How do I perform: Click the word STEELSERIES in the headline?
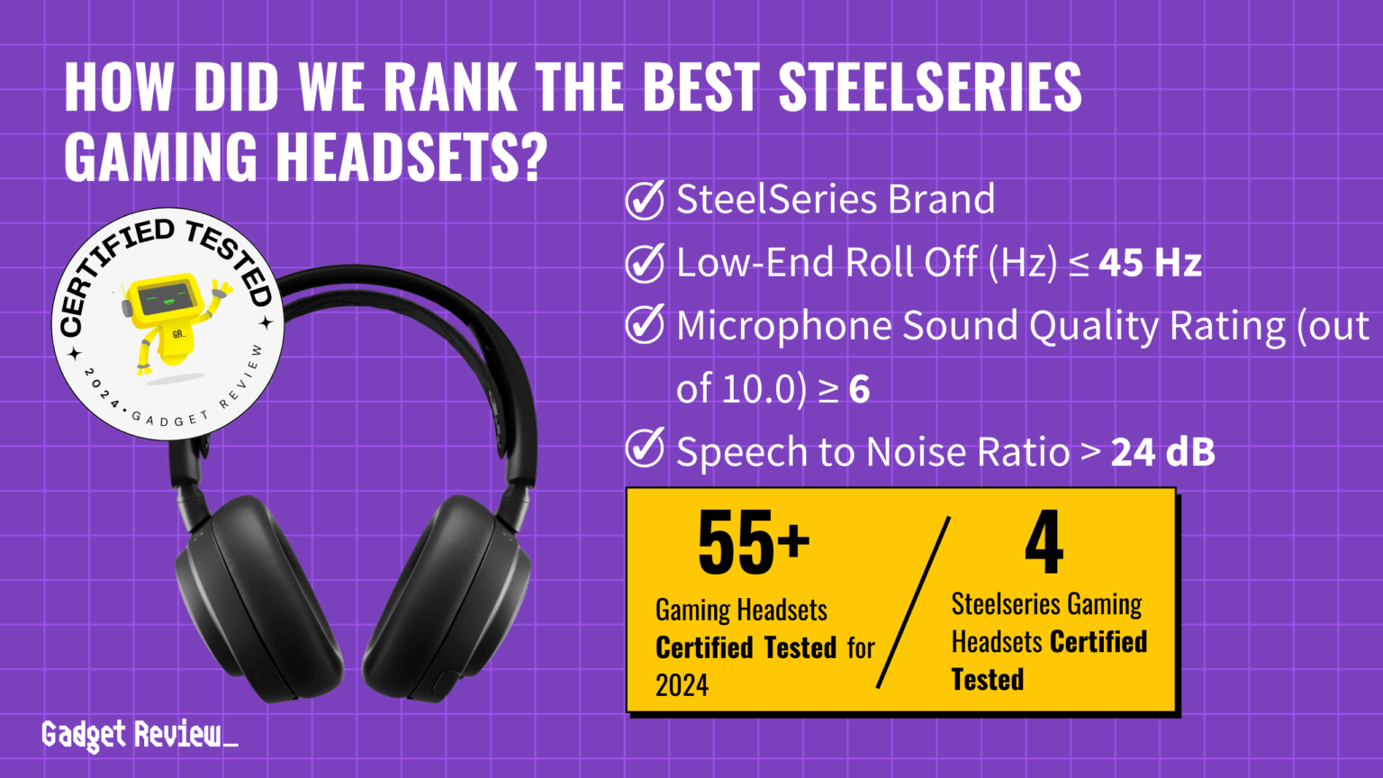(929, 87)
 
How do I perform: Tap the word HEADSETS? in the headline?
(411, 156)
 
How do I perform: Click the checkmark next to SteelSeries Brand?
(645, 200)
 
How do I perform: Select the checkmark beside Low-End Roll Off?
(645, 263)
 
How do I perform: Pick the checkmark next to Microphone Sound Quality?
(645, 325)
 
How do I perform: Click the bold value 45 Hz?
(1150, 263)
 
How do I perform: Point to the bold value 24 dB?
(1162, 452)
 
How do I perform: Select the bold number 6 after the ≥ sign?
(859, 389)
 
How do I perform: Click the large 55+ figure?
(753, 542)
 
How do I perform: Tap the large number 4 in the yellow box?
(1044, 542)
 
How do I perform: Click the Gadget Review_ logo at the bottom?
(140, 735)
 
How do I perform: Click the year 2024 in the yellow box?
(682, 686)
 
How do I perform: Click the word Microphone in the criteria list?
(783, 326)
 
